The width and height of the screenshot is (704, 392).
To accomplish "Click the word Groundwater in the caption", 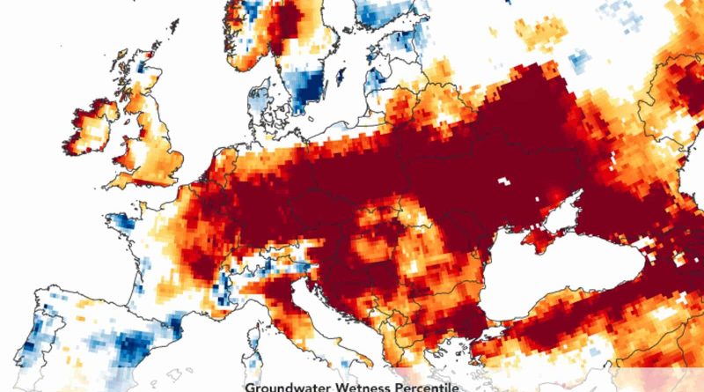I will (x=288, y=386).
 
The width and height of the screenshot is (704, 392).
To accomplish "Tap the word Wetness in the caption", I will (x=364, y=386).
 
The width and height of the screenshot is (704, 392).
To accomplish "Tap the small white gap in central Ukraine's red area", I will (x=505, y=180).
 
